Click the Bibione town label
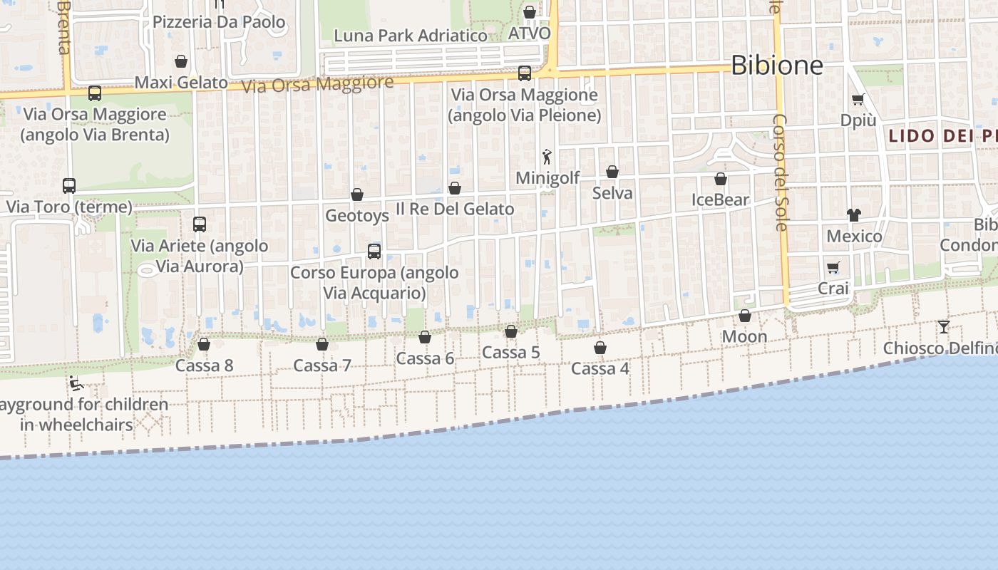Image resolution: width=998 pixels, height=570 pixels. [777, 66]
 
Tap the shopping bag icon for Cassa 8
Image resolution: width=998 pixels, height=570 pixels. [204, 344]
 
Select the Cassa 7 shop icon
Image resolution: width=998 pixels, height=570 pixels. [322, 344]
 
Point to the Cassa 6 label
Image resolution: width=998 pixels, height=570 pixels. [425, 358]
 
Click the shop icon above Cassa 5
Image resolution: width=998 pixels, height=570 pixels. [511, 331]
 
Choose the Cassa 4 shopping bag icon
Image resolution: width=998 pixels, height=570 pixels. [600, 348]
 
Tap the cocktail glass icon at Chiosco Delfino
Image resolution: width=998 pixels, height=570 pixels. [944, 327]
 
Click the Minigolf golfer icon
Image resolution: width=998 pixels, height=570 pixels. [547, 157]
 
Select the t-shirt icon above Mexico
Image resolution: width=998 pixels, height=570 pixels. [854, 214]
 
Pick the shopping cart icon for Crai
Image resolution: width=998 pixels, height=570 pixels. [833, 267]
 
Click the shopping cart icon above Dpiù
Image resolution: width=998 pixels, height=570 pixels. [858, 100]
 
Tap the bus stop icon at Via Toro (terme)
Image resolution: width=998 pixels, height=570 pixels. [69, 186]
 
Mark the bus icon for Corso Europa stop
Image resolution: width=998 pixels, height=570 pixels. [374, 251]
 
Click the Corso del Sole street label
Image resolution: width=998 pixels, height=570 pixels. [781, 172]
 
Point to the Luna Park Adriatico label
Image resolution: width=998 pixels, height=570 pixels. [411, 36]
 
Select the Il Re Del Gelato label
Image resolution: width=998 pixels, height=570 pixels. [455, 209]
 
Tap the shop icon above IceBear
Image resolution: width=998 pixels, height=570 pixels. [721, 179]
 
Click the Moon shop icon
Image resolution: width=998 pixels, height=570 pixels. [745, 316]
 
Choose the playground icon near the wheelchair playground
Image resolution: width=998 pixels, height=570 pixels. [76, 383]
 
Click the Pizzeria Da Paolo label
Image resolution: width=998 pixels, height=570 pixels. [219, 22]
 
